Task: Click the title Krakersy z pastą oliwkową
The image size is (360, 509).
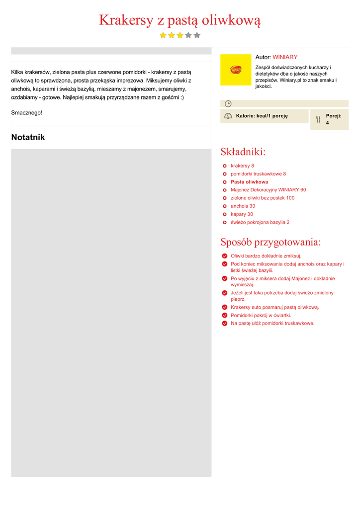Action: coord(180,20)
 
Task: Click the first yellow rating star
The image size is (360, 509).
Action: coord(163,35)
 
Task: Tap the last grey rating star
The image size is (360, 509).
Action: coord(197,35)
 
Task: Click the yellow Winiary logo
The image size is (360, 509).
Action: coord(236,70)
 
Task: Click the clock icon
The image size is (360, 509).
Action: coord(228,103)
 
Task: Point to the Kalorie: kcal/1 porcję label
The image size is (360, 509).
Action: coord(262,116)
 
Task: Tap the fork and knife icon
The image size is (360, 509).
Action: coord(318,119)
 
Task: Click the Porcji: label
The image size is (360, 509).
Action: coord(333,116)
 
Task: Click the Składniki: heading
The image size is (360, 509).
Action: coord(243,152)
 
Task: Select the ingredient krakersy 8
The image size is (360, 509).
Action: coord(242,166)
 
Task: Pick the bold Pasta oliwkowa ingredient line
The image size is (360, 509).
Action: coord(249,182)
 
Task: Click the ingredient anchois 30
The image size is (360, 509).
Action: coord(243,206)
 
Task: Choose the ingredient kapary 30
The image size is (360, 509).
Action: coord(242,214)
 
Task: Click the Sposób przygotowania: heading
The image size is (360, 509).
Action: coord(270,242)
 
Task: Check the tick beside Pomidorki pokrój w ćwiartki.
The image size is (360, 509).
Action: coord(225,315)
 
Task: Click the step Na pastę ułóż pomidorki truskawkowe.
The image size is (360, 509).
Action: coord(272,323)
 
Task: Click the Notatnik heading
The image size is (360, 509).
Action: coord(28,137)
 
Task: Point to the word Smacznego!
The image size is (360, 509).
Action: coord(27,113)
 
